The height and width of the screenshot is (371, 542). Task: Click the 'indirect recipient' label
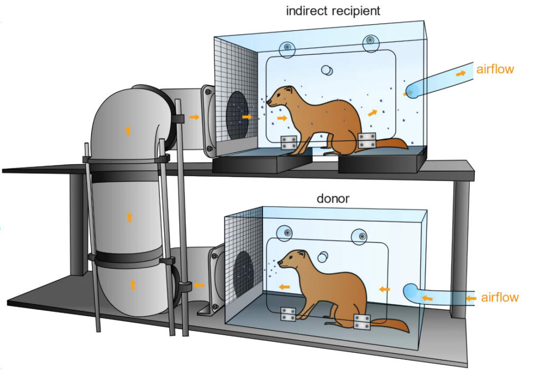333,11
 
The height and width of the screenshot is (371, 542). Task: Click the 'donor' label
333,198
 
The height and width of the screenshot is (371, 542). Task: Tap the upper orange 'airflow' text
495,69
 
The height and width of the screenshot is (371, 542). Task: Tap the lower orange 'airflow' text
500,297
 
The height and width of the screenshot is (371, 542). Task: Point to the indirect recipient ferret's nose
268,103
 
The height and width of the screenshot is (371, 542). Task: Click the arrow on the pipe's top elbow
128,131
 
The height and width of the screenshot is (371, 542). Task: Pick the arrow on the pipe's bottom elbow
132,285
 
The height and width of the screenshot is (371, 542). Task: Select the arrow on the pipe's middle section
129,217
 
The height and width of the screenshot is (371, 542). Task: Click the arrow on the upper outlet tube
460,73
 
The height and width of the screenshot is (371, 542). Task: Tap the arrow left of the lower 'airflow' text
471,298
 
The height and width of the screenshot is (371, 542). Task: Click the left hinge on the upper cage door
288,143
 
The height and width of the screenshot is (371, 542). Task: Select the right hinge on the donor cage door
362,321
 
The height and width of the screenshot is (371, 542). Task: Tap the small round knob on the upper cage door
327,70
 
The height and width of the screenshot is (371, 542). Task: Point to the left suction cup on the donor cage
285,233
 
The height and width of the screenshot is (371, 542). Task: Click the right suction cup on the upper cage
371,43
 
